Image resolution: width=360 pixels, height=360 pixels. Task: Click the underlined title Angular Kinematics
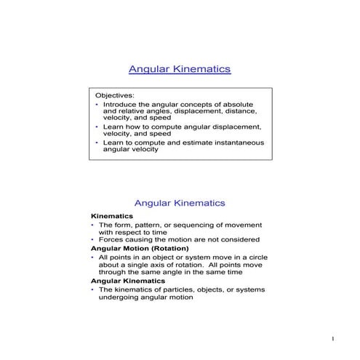[x=180, y=69]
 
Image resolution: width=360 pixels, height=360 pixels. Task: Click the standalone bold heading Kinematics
[x=112, y=217]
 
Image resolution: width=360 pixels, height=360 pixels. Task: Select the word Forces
[x=111, y=240]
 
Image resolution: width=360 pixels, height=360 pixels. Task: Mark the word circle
[x=249, y=257]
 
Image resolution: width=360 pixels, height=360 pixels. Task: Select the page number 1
[x=332, y=340]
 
